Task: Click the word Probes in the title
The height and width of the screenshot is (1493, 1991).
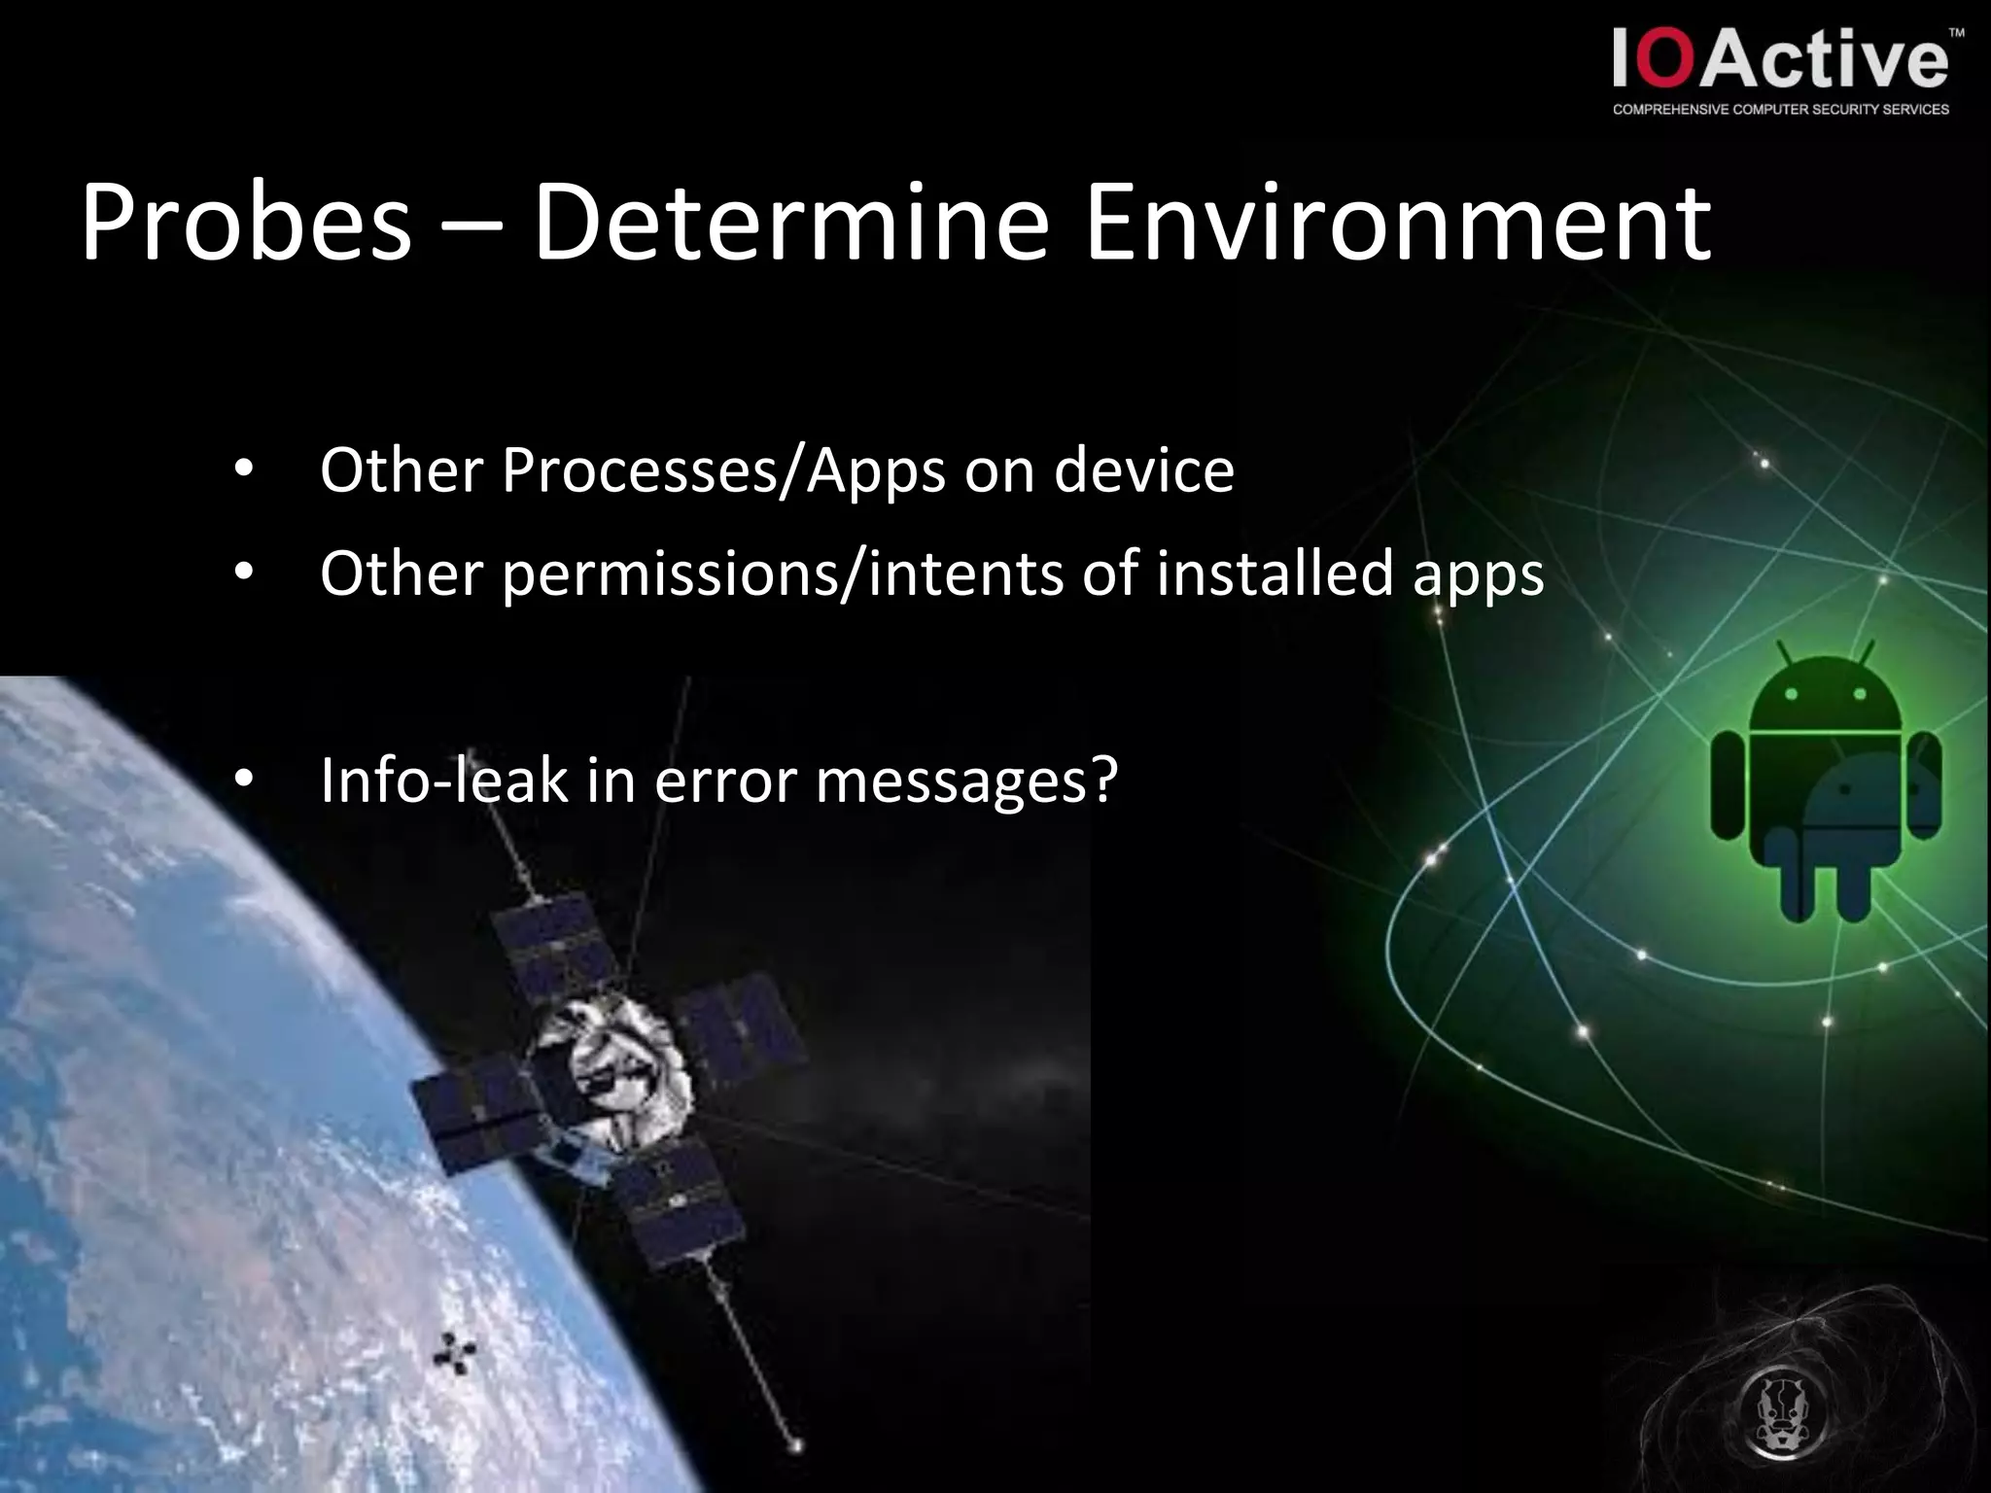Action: click(x=246, y=224)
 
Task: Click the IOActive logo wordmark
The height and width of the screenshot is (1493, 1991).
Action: click(x=1780, y=60)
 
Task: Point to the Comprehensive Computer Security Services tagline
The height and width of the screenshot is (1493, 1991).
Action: click(x=1780, y=110)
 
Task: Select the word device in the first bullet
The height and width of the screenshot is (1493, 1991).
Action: click(x=1144, y=470)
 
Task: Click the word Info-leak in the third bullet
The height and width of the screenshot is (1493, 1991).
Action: click(x=443, y=780)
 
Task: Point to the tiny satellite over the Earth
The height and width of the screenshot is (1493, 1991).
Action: click(x=453, y=1353)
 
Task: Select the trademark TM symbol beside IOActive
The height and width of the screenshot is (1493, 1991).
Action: click(x=1957, y=33)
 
